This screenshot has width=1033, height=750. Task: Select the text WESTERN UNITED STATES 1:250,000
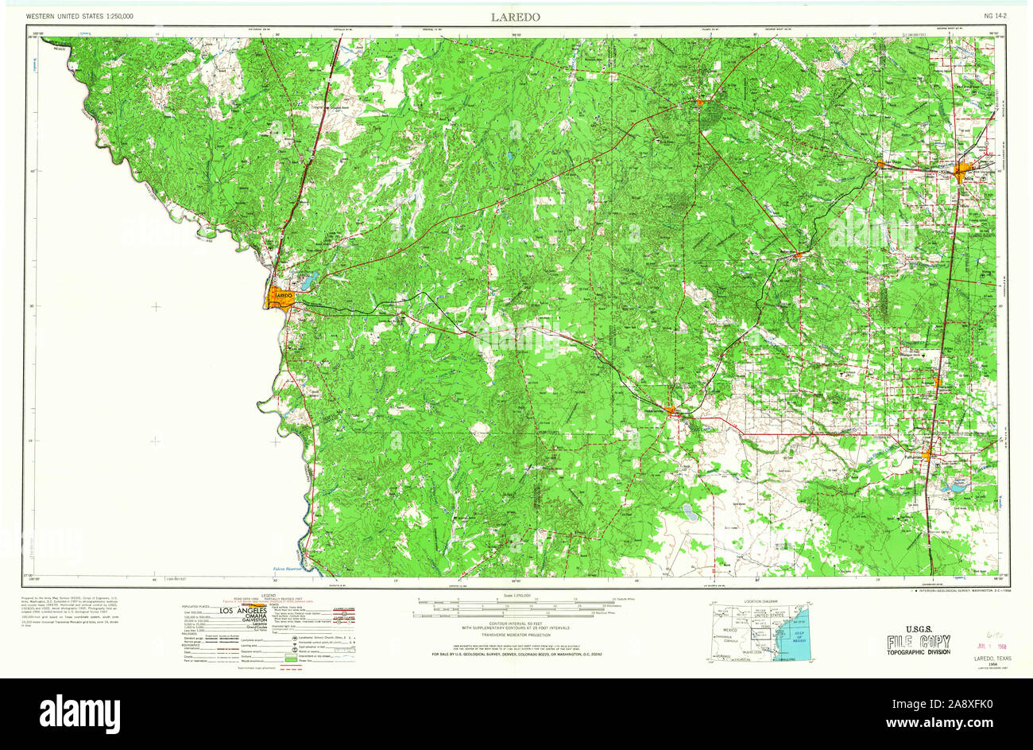point(79,16)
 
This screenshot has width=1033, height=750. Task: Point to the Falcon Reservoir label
point(288,569)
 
